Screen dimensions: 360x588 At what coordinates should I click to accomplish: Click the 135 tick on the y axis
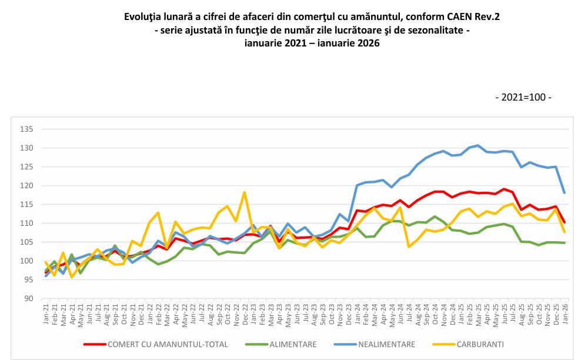point(26,129)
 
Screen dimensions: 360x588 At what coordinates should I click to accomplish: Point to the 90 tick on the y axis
point(28,299)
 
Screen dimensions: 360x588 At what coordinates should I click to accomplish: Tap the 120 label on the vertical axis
point(26,186)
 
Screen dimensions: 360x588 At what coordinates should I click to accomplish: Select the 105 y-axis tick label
point(26,242)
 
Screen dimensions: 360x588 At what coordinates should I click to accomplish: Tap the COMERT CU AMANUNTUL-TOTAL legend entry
point(164,344)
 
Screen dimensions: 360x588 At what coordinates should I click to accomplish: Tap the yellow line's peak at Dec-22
point(244,192)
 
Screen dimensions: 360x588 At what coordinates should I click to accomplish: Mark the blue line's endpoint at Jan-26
point(564,193)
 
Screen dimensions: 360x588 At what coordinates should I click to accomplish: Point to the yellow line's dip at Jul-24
point(409,246)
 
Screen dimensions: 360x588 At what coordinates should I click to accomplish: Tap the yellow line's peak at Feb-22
point(158,212)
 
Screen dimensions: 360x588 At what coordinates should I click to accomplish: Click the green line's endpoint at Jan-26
point(564,243)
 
